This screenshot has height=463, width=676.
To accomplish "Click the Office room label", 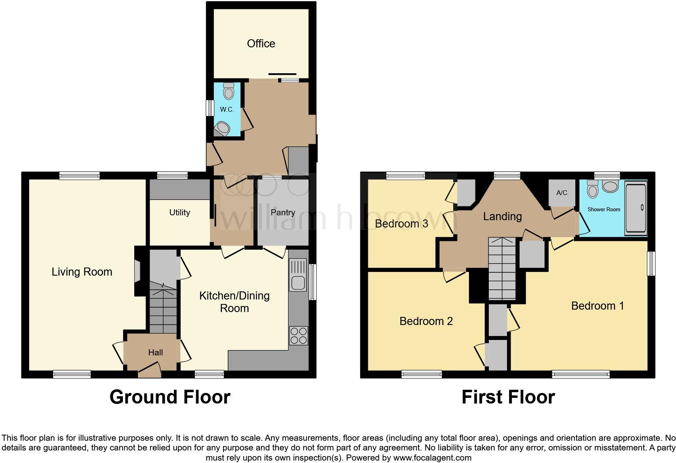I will [261, 44].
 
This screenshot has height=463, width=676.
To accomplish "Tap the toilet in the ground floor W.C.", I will [229, 91].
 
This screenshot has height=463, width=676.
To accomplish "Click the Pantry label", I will [283, 212].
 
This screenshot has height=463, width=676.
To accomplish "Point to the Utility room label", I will [180, 212].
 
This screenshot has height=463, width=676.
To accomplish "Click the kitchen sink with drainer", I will [298, 276].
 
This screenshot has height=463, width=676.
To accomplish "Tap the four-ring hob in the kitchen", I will [299, 336].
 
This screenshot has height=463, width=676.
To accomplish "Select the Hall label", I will [155, 353].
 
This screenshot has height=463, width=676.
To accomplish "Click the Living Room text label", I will [82, 272].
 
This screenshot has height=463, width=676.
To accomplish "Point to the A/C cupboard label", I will [562, 193].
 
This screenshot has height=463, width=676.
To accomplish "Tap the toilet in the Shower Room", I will [593, 189].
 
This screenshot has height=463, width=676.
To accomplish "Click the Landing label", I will [502, 217].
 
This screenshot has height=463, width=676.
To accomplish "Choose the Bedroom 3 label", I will [401, 224].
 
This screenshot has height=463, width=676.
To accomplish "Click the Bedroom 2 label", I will [426, 321].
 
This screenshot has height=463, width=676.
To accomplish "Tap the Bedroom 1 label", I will [597, 306].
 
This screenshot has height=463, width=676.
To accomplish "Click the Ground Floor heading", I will [170, 397].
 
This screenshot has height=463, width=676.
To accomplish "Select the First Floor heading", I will [508, 397].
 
